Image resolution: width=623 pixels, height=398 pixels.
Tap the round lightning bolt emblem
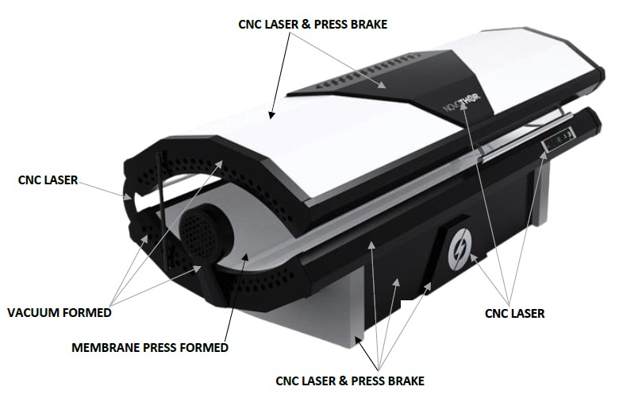(x=460, y=248)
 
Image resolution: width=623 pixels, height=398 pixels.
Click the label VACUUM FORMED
(x=60, y=312)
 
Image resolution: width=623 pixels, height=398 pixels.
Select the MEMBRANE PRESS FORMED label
(x=150, y=347)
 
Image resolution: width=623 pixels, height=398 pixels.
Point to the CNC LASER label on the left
(x=48, y=180)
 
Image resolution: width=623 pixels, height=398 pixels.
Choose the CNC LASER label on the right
(x=514, y=313)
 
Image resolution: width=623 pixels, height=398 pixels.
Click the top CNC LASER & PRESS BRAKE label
(x=313, y=25)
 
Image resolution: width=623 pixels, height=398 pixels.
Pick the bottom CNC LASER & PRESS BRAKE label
(x=350, y=381)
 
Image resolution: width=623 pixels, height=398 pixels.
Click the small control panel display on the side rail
(x=560, y=140)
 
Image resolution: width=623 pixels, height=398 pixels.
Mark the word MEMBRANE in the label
(x=106, y=347)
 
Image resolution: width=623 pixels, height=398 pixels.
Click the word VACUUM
(x=33, y=312)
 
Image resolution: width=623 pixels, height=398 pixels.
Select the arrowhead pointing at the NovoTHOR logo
(x=463, y=110)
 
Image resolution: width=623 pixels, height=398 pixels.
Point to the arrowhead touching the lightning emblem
(x=473, y=257)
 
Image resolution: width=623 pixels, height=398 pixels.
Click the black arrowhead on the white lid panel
(x=271, y=115)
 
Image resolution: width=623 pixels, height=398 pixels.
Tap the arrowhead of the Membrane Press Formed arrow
(x=246, y=257)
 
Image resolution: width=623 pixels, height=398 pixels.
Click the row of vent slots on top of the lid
(x=367, y=71)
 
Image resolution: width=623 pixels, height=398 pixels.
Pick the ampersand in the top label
(x=306, y=25)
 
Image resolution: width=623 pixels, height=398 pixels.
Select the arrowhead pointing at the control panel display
(x=544, y=156)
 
